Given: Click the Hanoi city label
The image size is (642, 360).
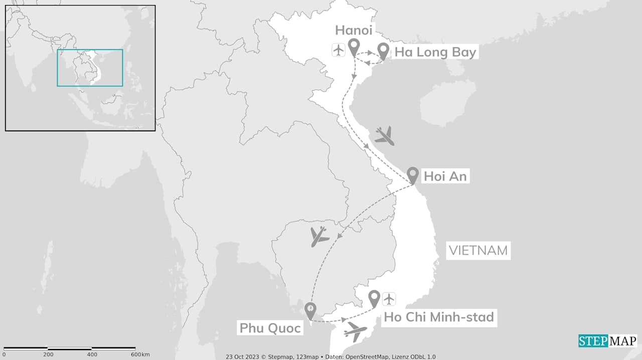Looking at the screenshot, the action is [354, 30].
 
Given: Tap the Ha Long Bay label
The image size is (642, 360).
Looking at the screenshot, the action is [435, 52].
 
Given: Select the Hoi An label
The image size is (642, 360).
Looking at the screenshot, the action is [445, 176].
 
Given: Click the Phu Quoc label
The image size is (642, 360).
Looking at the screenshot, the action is [270, 328].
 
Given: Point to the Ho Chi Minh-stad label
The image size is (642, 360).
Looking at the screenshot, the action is [439, 317].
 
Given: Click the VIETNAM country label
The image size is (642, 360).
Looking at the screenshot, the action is [478, 250].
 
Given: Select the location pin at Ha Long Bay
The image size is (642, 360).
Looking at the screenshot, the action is [383, 51].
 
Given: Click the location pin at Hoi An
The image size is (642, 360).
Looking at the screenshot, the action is [412, 175].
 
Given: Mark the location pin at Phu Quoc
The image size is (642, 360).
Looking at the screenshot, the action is [310, 310].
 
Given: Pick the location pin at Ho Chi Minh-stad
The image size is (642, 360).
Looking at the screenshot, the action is [374, 298].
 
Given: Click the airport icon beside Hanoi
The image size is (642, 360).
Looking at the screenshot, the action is [339, 50].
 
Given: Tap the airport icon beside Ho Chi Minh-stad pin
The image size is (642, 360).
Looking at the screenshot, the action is [389, 299].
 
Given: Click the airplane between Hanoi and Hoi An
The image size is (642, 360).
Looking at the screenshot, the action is [384, 135].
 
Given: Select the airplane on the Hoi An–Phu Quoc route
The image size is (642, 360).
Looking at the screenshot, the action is [318, 236].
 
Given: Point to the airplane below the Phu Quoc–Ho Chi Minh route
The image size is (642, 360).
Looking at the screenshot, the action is [356, 331].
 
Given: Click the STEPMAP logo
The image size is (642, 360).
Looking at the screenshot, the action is [607, 341].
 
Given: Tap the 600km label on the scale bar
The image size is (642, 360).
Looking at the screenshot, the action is [140, 354].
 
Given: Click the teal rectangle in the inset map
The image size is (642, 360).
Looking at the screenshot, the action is [90, 68].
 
